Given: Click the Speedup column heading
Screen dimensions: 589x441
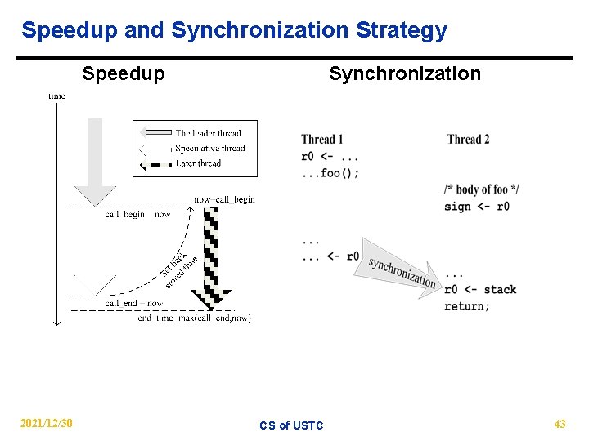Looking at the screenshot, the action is pos(124,74).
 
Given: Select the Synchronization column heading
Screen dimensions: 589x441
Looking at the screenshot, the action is pos(405,74).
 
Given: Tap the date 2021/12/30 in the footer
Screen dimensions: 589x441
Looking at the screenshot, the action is pos(47,423).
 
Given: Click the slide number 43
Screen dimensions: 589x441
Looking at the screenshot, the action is pos(560,423).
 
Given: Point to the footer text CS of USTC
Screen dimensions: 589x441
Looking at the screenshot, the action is pos(291,425).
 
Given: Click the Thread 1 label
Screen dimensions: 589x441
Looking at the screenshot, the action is pos(322,140).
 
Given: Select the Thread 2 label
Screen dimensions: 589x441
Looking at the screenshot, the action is pos(468,140).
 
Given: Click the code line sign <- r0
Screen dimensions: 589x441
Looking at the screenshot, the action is pos(477,206).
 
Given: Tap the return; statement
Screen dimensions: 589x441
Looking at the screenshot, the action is pos(467,306).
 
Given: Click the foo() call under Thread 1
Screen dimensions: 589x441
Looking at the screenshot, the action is pos(330,172).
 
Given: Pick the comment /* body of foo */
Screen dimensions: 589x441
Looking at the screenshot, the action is pos(482,189).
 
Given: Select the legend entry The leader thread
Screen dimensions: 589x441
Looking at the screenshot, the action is pos(208,133).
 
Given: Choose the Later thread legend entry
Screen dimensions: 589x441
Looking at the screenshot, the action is pos(198,163).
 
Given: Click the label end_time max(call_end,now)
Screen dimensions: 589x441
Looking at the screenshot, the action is pos(194,318).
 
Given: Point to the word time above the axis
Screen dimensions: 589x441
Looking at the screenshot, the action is pos(56,96).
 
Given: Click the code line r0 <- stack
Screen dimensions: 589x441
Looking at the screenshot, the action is pos(480,290).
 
